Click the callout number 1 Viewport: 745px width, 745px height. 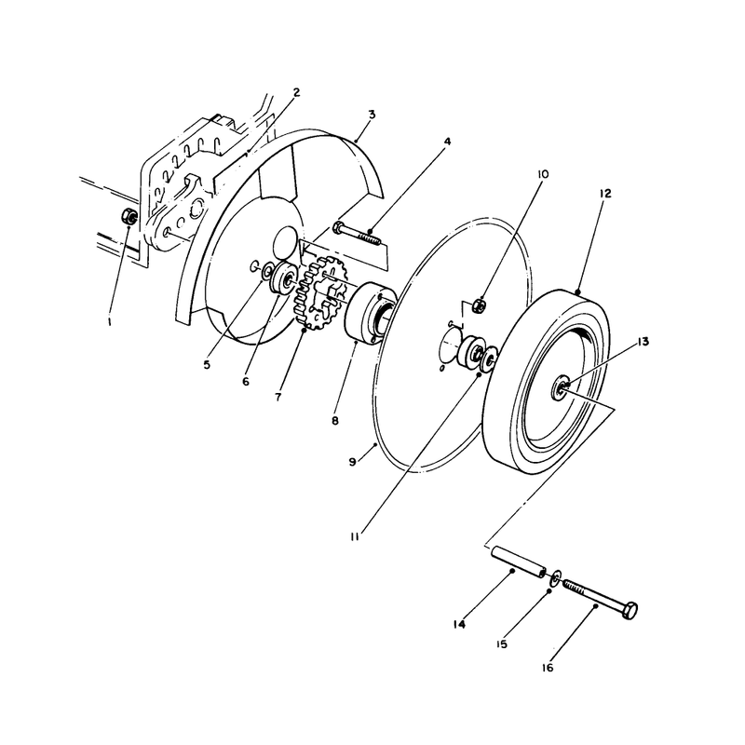tap(110, 321)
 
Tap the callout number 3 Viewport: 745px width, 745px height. tap(372, 115)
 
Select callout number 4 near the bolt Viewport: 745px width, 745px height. tap(447, 142)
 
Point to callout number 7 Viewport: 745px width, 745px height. tap(278, 397)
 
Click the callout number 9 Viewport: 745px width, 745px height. tap(352, 461)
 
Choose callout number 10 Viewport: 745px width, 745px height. tap(543, 174)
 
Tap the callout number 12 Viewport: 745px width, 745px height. tap(604, 194)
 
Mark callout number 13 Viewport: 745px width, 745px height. tap(643, 341)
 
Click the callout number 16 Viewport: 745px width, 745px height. tap(548, 668)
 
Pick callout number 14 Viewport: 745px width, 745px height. tap(459, 624)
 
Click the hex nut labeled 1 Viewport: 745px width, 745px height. tap(129, 217)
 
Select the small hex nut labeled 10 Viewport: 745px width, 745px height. tap(480, 305)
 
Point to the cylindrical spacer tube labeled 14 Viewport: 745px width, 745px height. tap(518, 562)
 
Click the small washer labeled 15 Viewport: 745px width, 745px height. tap(556, 578)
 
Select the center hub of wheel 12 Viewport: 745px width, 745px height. tap(561, 388)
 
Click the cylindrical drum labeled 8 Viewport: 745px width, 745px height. tap(370, 311)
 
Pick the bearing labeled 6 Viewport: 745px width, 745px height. tap(283, 278)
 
